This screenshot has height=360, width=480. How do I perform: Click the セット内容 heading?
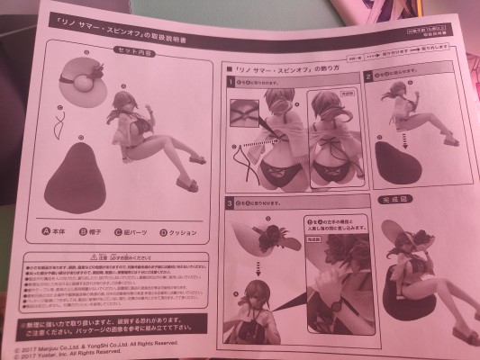point(136,52)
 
